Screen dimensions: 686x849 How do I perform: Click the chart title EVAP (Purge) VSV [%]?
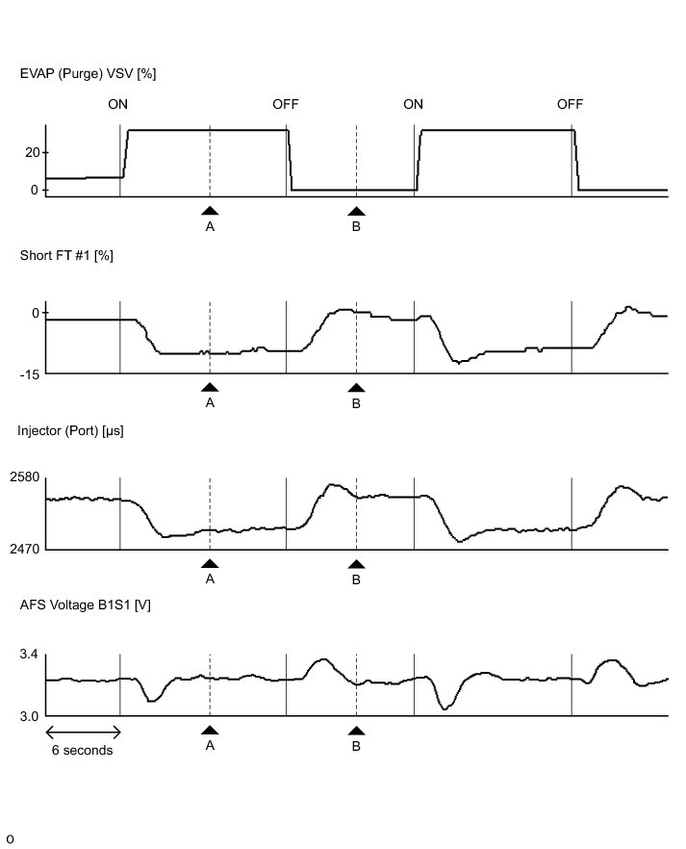88,74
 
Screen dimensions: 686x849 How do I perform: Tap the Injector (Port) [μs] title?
70,430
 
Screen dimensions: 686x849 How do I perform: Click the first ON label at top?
118,105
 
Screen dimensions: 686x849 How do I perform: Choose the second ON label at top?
413,105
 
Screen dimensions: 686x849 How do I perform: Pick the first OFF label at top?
286,105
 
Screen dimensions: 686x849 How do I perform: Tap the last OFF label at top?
571,105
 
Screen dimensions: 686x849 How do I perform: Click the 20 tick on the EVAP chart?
33,152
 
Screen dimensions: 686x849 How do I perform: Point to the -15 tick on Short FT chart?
30,374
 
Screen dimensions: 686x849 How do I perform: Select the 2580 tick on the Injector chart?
25,478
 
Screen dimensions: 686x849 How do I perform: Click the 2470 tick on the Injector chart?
25,549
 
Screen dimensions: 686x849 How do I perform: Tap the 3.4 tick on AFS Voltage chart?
29,655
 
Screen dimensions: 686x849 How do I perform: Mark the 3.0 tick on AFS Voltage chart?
29,716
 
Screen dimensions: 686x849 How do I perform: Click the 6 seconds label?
82,751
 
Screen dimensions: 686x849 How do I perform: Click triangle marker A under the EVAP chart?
210,211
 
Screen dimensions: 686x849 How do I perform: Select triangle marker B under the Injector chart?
356,564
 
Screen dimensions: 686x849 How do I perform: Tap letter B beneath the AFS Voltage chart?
356,747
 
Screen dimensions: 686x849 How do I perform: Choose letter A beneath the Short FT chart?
210,403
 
